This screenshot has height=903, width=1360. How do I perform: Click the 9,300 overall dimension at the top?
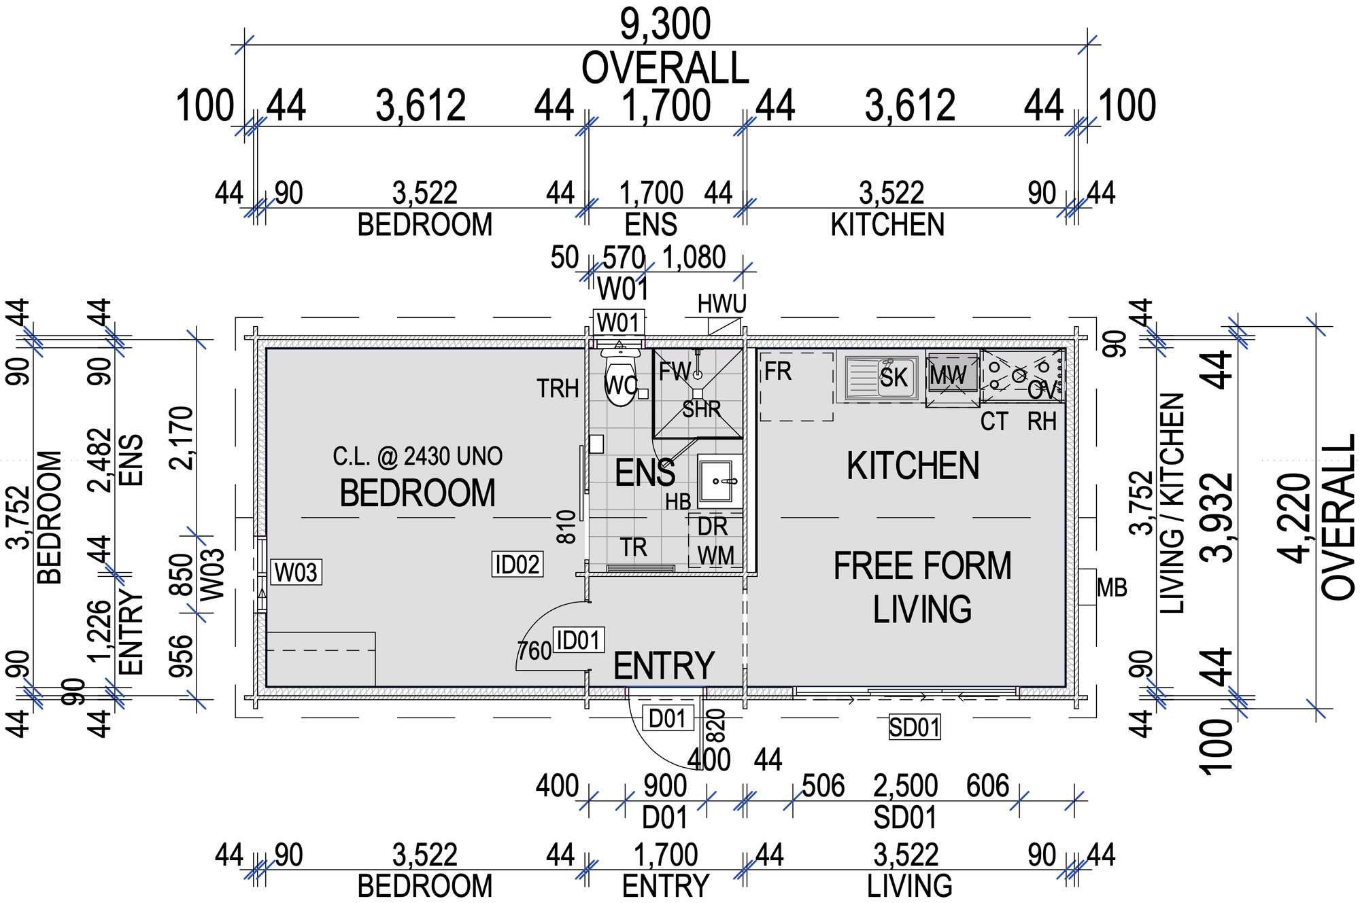click(665, 24)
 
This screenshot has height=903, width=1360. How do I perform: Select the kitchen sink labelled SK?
click(882, 377)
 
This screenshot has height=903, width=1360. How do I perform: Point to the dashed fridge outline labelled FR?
click(796, 386)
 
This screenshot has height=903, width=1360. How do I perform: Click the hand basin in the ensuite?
click(719, 481)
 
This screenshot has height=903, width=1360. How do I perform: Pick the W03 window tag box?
click(296, 572)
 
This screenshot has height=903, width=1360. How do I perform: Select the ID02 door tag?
click(517, 565)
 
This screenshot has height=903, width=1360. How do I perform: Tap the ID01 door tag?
click(578, 640)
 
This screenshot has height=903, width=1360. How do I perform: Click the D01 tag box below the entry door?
click(667, 718)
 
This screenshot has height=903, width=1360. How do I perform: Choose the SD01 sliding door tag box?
click(915, 728)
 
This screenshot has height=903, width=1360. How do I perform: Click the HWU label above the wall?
click(722, 304)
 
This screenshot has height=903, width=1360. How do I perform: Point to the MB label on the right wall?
click(1112, 588)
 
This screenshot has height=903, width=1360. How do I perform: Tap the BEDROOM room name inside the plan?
click(418, 493)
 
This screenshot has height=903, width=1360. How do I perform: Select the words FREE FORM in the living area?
click(922, 566)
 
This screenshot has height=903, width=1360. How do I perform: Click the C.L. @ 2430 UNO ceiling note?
click(418, 457)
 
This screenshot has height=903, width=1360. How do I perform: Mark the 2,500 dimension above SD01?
click(905, 786)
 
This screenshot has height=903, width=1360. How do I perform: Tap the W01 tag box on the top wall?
click(618, 322)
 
